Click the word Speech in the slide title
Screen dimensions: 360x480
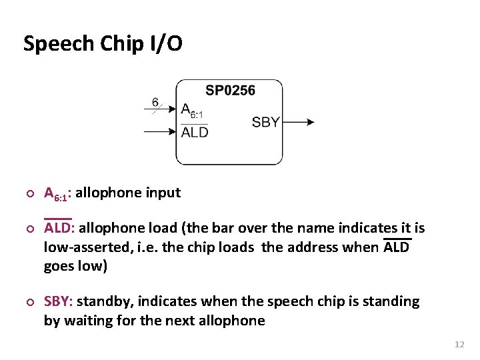click(58, 44)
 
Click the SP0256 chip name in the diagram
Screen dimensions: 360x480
click(230, 90)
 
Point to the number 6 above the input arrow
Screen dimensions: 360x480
click(155, 102)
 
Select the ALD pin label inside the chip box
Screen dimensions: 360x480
click(195, 132)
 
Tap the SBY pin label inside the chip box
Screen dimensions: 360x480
click(265, 122)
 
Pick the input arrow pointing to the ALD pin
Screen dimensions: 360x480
click(160, 131)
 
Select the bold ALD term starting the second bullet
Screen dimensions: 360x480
click(59, 228)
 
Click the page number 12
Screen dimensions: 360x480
click(459, 344)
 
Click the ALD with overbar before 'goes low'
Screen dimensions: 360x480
click(397, 247)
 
